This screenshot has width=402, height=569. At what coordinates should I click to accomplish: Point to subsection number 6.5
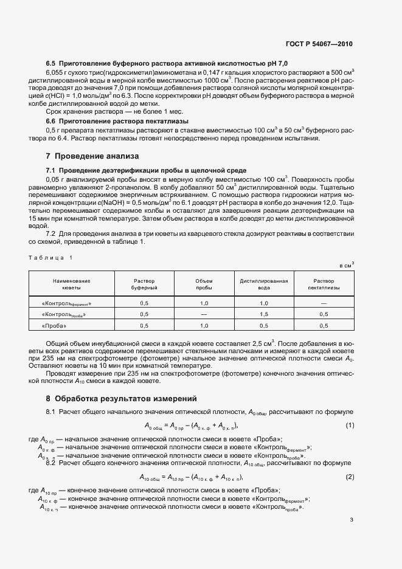51,63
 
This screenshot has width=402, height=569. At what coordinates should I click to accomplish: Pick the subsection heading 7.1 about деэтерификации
146,170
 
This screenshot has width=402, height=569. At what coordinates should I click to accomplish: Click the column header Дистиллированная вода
263,284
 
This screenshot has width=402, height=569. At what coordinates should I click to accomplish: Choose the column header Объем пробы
204,284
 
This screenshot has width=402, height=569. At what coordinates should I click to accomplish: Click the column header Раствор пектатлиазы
324,284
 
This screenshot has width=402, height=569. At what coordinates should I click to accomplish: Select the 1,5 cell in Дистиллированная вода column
263,314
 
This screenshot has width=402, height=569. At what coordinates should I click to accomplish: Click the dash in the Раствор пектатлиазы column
324,302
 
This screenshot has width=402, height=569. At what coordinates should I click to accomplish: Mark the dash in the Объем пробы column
204,314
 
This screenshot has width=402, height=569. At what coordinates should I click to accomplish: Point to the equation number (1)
350,425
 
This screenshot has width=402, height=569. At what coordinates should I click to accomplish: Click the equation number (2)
350,477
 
